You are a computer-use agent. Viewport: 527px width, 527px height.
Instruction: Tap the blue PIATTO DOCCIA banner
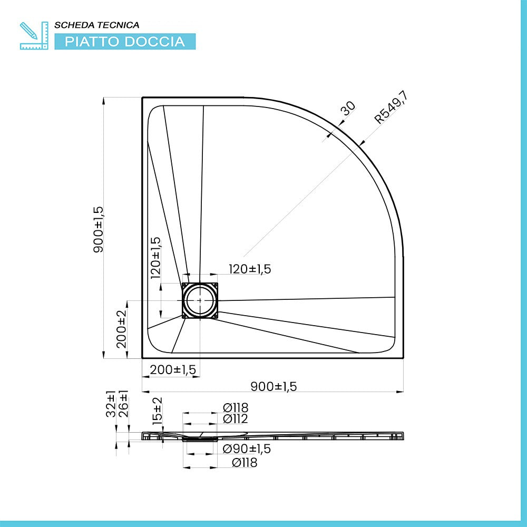point(125,42)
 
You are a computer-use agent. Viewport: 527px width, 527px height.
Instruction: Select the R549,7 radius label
point(392,108)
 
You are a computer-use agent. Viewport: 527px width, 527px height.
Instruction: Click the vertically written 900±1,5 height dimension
point(99,229)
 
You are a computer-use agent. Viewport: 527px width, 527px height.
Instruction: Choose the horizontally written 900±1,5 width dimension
point(274,386)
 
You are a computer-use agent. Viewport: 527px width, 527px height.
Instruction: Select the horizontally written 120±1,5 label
point(249,269)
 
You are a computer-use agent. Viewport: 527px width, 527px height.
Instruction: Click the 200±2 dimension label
point(122,329)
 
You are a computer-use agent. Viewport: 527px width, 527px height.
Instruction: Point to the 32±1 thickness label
point(111,403)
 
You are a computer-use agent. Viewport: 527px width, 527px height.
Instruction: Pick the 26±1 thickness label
point(123,403)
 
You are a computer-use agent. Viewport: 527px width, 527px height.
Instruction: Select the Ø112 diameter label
point(235,419)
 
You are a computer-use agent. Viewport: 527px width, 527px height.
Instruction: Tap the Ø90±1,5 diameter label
point(246,448)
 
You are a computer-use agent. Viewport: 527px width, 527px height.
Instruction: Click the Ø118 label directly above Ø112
point(235,407)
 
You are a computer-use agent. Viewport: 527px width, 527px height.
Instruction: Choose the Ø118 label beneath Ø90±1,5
point(245,463)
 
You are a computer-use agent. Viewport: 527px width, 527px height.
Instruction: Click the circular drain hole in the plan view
point(200,300)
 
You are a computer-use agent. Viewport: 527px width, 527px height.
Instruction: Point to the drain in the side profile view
point(200,437)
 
